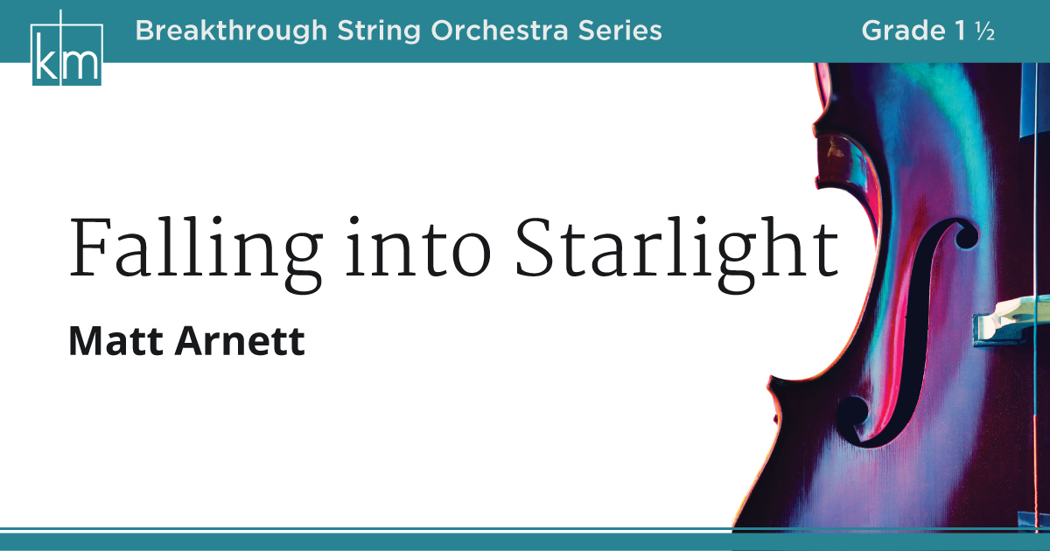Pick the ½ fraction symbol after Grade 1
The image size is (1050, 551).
(x=986, y=31)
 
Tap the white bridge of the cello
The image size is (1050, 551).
(x=1006, y=319)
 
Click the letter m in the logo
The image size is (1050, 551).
(x=82, y=62)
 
